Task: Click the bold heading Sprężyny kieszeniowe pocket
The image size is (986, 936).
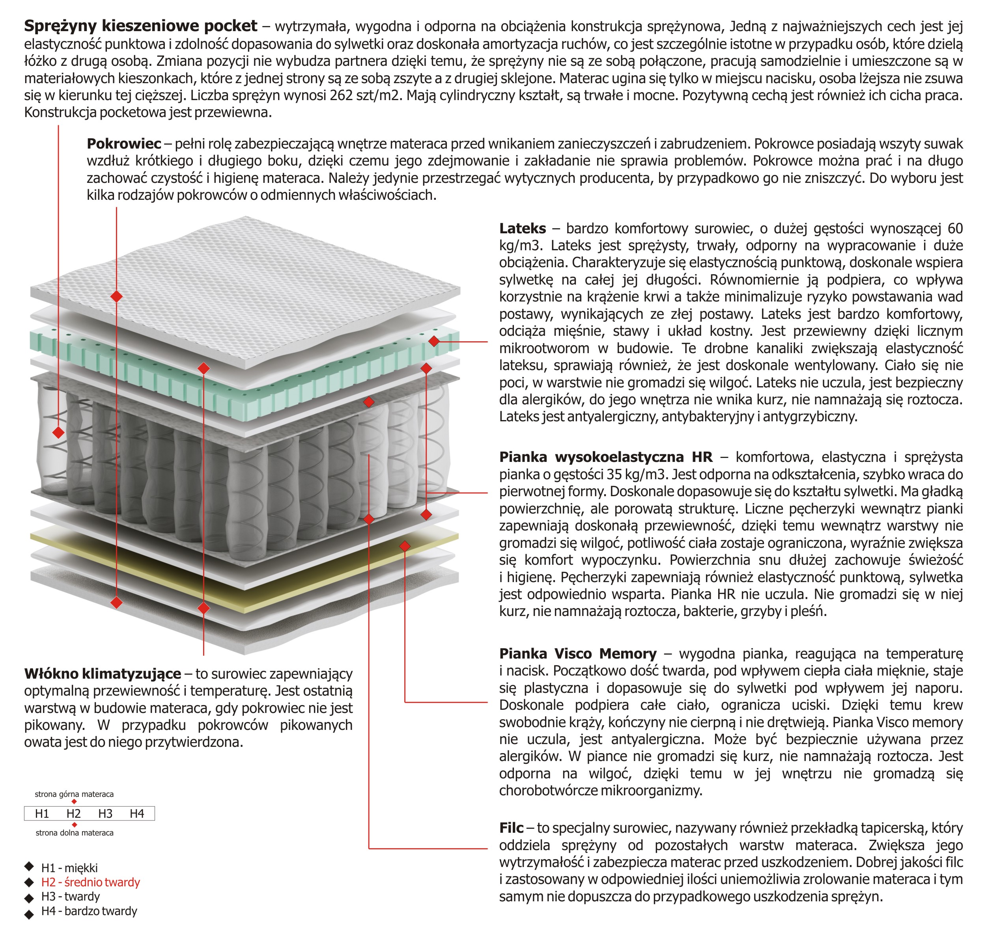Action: point(140,26)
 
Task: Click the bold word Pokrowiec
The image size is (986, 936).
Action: point(124,144)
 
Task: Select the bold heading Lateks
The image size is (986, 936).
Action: point(522,229)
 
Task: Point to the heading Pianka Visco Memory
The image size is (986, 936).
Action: point(578,653)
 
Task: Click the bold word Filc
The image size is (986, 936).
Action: point(511,828)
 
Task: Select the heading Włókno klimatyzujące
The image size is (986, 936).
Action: point(102,674)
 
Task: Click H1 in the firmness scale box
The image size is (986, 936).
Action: point(42,814)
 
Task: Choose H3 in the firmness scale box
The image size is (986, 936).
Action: point(105,814)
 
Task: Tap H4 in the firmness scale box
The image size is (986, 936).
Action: point(136,814)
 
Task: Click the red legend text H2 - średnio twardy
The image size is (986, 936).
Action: point(90,882)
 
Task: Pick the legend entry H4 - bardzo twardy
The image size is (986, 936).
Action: point(89,911)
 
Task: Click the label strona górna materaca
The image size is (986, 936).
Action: point(74,794)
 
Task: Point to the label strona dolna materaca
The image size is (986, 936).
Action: point(75,833)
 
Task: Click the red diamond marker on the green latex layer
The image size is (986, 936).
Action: point(434,341)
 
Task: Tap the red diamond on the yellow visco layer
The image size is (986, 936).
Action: point(405,546)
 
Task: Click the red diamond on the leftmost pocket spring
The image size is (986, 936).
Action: point(58,432)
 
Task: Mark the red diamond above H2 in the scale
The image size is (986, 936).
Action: point(74,802)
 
